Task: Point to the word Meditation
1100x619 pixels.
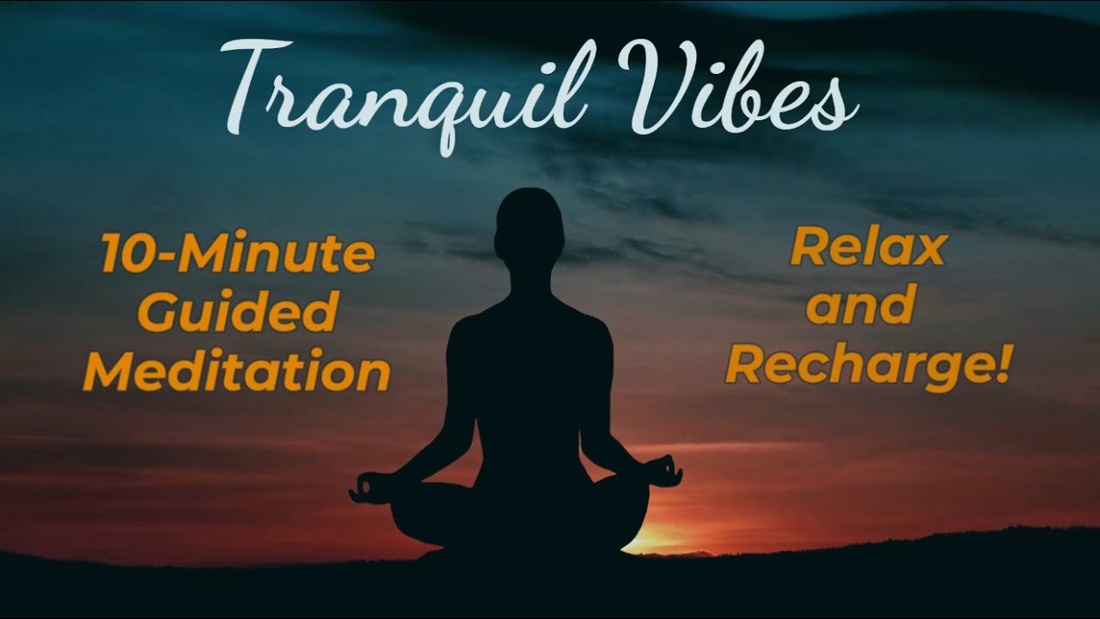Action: click(236, 372)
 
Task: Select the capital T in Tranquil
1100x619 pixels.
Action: click(258, 90)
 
